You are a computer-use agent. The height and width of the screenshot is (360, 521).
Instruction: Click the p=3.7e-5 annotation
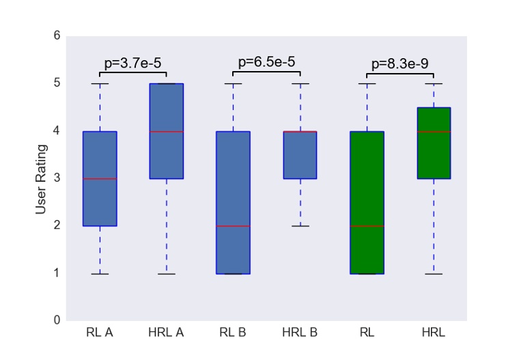point(132,64)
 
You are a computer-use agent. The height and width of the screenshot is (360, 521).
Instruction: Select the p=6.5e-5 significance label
point(266,62)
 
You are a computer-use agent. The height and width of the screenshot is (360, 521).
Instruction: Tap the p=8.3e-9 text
point(400,64)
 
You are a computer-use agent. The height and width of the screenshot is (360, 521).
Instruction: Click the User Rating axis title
point(41,178)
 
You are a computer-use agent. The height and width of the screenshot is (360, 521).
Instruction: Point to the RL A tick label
point(100,333)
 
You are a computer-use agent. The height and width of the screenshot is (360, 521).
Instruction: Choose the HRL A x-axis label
point(166,333)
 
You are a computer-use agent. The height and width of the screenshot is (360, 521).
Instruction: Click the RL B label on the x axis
point(233,333)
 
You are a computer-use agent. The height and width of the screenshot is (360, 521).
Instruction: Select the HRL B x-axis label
point(300,333)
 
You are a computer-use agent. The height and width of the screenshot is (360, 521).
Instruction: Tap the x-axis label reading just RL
point(367,333)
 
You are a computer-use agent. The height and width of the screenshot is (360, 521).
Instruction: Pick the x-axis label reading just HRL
point(433,333)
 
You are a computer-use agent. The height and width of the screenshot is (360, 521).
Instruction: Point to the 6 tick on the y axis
point(56,36)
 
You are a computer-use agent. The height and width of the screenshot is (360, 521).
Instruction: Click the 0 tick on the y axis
point(56,320)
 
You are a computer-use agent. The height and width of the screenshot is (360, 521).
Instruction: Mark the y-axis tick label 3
point(56,178)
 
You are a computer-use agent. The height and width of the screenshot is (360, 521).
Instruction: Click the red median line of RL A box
point(100,178)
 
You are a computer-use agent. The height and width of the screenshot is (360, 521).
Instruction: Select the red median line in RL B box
point(233,225)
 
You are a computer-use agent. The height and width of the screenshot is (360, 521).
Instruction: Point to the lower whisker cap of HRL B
point(300,226)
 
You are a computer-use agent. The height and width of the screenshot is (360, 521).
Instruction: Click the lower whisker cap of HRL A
point(167,274)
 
